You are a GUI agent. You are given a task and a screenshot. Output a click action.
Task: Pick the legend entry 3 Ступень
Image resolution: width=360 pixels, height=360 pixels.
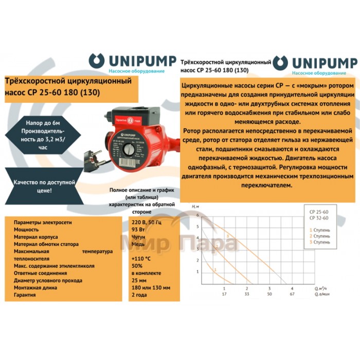coord(319,242)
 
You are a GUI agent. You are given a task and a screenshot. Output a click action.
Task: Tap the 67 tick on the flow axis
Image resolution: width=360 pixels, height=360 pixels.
coord(292,295)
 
